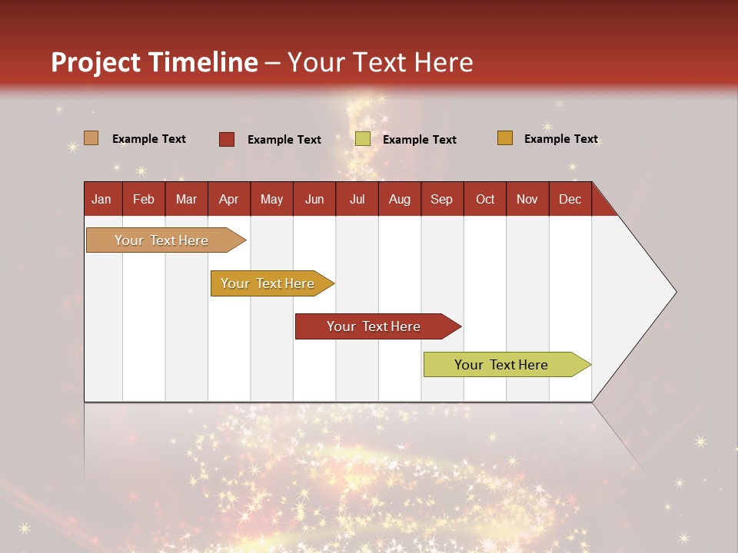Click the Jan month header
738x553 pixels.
102,199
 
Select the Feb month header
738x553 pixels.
144,199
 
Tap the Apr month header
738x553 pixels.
228,199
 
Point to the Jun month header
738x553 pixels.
314,199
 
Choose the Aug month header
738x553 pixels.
399,199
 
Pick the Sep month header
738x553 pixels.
441,199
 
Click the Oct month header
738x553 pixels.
485,199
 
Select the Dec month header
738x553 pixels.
570,199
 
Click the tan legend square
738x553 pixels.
91,138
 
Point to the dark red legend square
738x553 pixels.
226,139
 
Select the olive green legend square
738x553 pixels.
362,139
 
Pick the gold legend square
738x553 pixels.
504,138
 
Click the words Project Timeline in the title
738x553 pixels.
155,62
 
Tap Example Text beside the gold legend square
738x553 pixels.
560,139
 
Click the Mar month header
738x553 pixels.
186,199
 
